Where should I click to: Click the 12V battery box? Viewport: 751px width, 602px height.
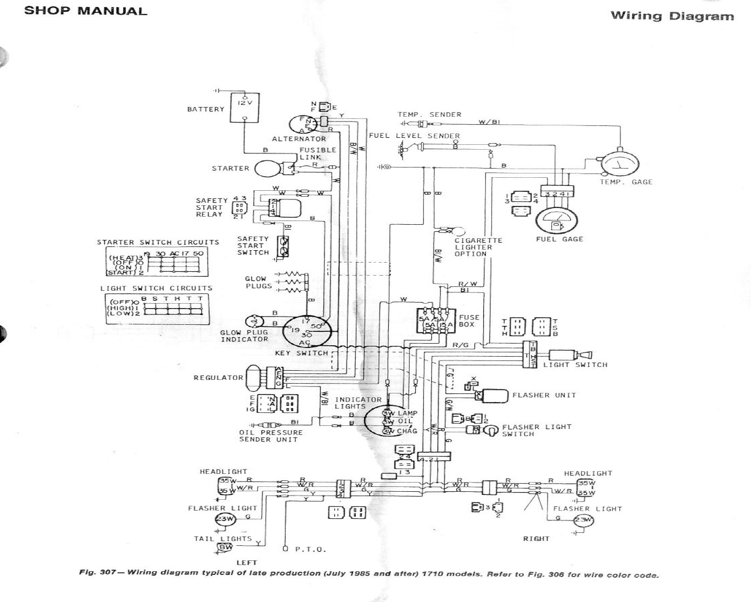pos(245,107)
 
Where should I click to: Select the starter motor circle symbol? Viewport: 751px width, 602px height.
pos(265,169)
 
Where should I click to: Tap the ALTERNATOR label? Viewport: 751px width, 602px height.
pos(299,139)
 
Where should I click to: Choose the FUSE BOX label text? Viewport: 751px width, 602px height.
pos(469,321)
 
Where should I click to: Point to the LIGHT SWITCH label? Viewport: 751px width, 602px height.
pos(575,365)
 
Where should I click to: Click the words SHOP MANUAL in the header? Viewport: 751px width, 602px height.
pos(85,11)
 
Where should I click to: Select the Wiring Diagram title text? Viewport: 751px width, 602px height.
pos(672,16)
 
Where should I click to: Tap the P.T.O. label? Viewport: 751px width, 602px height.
pos(310,549)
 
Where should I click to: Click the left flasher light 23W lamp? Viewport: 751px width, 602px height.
pos(225,520)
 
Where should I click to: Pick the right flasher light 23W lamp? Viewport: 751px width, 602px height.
pos(583,521)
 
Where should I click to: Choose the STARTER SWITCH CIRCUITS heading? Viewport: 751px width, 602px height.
pos(158,242)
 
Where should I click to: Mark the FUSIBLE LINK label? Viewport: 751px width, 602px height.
pos(318,153)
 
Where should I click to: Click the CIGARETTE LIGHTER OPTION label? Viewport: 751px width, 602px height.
pos(478,247)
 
